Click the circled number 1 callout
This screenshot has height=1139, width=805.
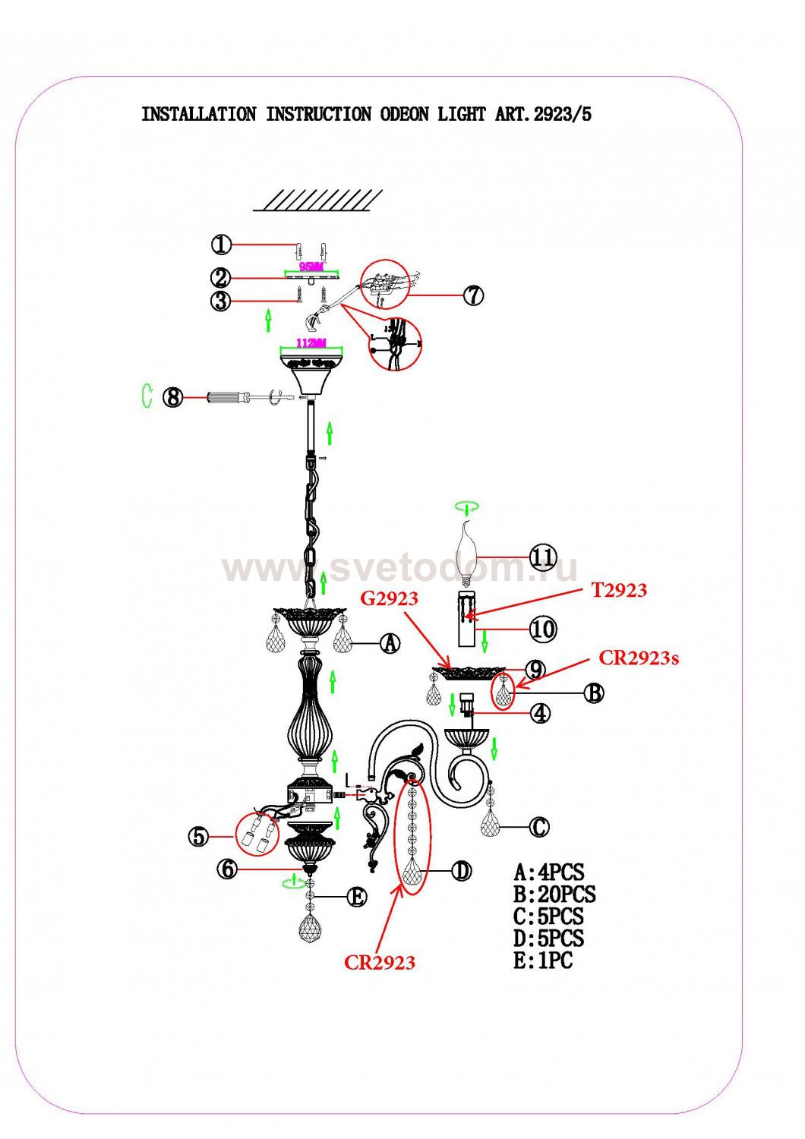(220, 245)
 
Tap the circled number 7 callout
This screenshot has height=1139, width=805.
(473, 295)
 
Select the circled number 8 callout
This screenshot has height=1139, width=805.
(174, 396)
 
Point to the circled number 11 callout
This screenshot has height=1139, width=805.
(542, 557)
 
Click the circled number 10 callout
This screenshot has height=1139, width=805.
(542, 629)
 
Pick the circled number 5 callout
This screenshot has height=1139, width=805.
(198, 837)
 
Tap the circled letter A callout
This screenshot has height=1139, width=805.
(390, 644)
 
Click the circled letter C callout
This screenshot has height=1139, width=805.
(538, 827)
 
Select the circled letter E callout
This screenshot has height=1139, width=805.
(356, 897)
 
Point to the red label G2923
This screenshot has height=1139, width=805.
(389, 598)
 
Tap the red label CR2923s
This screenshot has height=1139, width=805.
(639, 658)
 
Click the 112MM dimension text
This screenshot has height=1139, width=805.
(311, 343)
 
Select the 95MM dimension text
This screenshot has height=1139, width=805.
(311, 267)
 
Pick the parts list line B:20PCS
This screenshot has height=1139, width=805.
(554, 894)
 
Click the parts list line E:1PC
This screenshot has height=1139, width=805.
(543, 961)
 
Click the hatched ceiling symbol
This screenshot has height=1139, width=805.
(317, 200)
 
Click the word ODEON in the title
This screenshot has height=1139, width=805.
(403, 115)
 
